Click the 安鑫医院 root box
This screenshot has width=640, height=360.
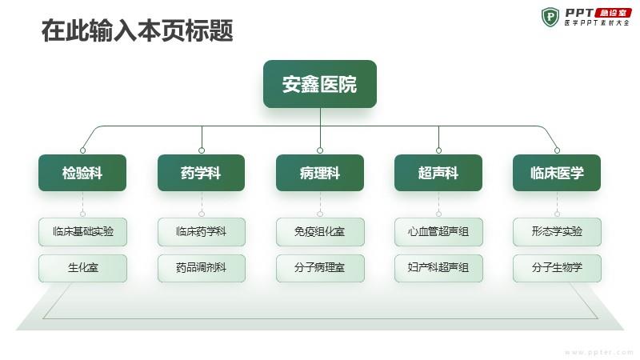pos(319,84)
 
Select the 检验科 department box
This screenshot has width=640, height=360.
pos(82,173)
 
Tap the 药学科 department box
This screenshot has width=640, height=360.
pos(202,173)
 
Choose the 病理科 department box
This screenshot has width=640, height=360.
pos(320,173)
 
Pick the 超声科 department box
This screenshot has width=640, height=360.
pos(438,173)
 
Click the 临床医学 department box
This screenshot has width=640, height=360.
pos(557,173)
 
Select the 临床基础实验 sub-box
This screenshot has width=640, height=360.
pos(83,232)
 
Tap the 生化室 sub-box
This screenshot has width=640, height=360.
pos(83,268)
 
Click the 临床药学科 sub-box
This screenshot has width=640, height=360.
pos(202,232)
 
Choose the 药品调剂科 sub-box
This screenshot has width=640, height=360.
pos(202,268)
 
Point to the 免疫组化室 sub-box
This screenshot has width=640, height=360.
pos(321,232)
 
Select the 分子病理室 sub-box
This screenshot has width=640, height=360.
pos(321,268)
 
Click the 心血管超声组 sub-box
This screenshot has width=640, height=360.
pos(438,232)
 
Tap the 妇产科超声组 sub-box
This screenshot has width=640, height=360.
pos(438,268)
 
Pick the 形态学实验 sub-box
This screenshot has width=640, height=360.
pos(557,232)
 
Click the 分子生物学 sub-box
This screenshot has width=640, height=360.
pos(557,268)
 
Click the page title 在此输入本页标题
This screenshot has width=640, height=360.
pos(137,30)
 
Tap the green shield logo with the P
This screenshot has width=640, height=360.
pos(550,17)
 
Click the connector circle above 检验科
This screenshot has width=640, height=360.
pos(83,150)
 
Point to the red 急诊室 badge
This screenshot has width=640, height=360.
pos(613,13)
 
